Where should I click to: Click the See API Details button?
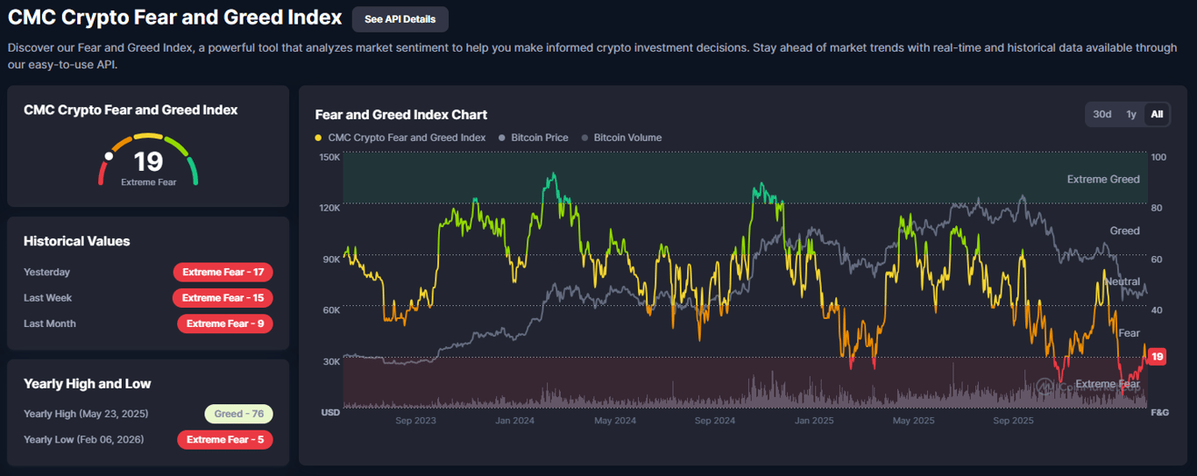tap(400, 19)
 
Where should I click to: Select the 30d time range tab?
tap(1102, 114)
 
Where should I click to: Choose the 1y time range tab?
tap(1131, 114)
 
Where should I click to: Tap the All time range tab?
tap(1157, 114)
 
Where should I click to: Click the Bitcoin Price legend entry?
tap(539, 138)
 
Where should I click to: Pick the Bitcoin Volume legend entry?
tap(627, 138)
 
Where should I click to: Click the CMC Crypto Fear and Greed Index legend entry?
tap(406, 138)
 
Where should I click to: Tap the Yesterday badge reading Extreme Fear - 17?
tap(223, 272)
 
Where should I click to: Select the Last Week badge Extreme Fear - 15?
tap(223, 298)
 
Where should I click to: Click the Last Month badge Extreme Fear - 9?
tap(225, 323)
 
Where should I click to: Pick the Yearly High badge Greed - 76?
tap(239, 414)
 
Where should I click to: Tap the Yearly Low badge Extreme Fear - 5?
tap(225, 439)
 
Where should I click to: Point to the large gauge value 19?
tap(148, 161)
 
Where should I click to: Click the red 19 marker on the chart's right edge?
tap(1158, 357)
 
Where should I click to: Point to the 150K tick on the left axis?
tap(329, 157)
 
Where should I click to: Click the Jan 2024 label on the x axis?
tap(514, 421)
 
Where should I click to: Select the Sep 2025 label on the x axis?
tap(1013, 421)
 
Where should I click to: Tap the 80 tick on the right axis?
tap(1158, 208)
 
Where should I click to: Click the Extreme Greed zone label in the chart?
tap(1103, 179)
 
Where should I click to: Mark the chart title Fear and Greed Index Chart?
tap(401, 115)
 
